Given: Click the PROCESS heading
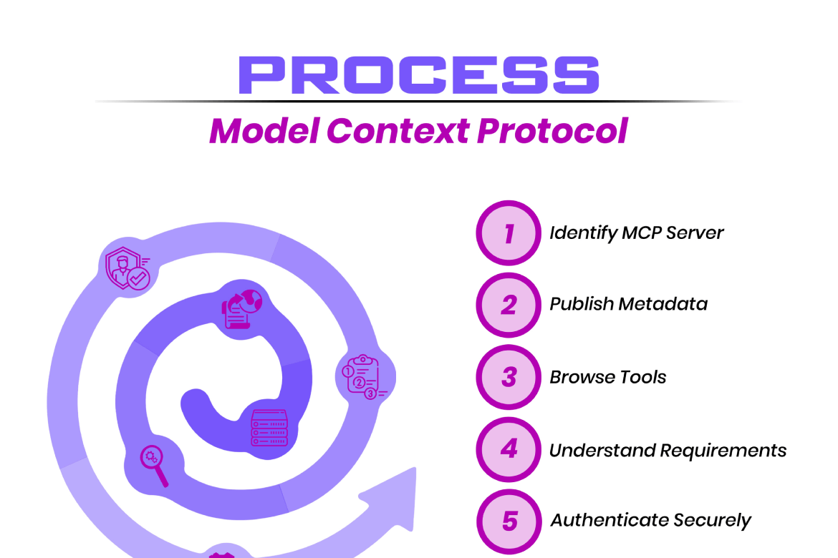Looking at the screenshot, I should (x=418, y=74).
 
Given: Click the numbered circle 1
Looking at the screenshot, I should (x=509, y=233).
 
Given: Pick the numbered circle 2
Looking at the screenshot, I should (x=509, y=305).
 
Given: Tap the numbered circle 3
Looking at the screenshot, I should (x=509, y=377).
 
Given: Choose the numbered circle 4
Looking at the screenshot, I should (x=509, y=449).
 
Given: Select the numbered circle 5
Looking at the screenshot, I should (x=509, y=521).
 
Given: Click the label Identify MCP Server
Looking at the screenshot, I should (x=637, y=233).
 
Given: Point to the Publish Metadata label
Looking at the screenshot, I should (x=628, y=304).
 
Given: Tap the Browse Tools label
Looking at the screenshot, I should (x=607, y=377).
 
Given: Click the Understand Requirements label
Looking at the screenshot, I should (x=668, y=451).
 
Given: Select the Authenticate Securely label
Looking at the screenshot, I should (x=650, y=521).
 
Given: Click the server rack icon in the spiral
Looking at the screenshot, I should (x=269, y=429).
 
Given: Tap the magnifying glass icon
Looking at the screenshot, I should (x=155, y=464).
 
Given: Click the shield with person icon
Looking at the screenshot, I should (x=127, y=269).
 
